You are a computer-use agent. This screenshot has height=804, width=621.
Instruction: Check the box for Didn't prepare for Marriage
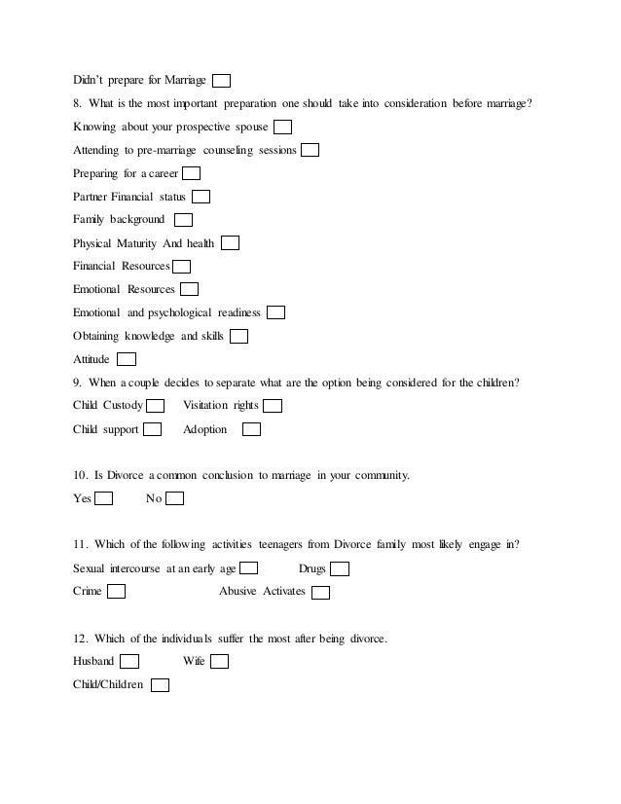coord(222,81)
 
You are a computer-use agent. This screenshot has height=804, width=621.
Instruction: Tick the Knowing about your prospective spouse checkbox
coord(283,128)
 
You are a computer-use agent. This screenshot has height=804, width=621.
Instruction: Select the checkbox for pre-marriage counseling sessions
coord(310,150)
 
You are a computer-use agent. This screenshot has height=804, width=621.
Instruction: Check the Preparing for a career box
coord(192,173)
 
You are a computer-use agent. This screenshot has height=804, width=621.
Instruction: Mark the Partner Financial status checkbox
coord(201,197)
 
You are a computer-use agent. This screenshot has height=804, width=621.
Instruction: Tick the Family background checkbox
coord(183,220)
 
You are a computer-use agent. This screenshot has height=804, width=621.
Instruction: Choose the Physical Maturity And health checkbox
coord(230,243)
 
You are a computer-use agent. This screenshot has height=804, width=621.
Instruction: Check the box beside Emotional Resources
coord(190,289)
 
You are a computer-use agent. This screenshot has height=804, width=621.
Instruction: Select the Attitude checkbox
coord(127,359)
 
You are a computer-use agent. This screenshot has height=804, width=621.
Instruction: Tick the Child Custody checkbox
coord(155,406)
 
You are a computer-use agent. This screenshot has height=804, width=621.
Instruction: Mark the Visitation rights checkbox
coord(274,406)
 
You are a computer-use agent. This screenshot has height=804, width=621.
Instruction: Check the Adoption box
coord(251,429)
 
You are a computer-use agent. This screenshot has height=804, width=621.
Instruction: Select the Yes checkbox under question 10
coord(104,499)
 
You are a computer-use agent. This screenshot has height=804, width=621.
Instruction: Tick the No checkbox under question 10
coord(175,499)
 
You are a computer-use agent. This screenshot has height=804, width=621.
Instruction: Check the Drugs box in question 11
coord(340,569)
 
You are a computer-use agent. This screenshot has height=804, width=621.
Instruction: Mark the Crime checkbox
coord(116,592)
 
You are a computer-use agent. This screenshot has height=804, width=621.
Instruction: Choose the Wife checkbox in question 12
coord(219,662)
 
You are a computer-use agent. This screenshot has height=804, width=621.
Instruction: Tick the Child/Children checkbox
coord(161,685)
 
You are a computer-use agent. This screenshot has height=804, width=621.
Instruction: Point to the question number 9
coord(78,383)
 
